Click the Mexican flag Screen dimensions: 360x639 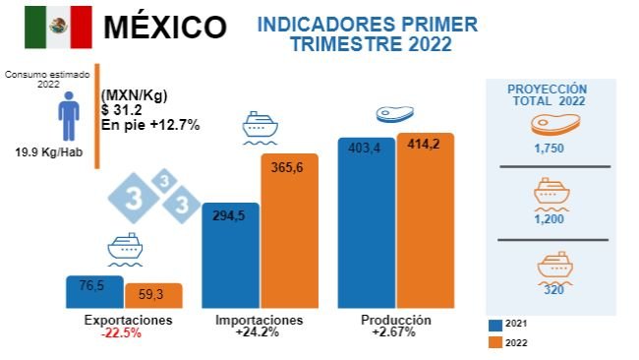(x=58, y=27)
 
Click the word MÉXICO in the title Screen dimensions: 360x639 (x=164, y=27)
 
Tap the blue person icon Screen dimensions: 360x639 (x=68, y=116)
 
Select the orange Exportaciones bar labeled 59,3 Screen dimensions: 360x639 (x=152, y=296)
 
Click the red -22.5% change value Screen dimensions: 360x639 (x=121, y=333)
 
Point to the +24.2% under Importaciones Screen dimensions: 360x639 (x=259, y=333)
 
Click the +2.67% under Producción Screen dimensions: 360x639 (x=394, y=333)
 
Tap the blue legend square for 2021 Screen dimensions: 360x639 (x=494, y=324)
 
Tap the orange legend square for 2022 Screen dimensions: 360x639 (x=494, y=343)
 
